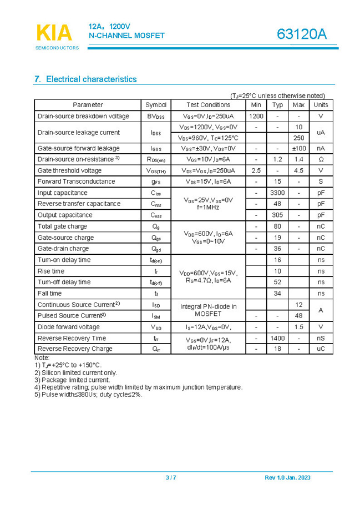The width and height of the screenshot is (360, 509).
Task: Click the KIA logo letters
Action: [54, 33]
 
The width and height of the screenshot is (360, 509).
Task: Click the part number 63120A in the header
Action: [302, 34]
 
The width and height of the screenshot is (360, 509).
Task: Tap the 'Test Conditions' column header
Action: [208, 105]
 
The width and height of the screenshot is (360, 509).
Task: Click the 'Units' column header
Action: [321, 105]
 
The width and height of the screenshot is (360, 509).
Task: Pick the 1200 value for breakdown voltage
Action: [256, 116]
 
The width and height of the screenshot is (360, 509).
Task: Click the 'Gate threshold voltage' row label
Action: [70, 170]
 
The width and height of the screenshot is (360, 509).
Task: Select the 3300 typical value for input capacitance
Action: [277, 193]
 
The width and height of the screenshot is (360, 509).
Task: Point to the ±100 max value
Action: [298, 148]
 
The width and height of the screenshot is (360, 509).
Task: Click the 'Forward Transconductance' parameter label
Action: [77, 182]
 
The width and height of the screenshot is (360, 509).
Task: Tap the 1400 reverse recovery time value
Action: [277, 338]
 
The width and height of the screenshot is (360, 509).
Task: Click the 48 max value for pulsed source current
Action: [298, 316]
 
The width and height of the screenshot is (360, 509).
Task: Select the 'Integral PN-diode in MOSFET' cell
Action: [208, 310]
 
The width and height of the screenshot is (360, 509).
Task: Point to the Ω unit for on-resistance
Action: [321, 159]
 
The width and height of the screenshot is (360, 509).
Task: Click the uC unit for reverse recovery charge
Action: [321, 349]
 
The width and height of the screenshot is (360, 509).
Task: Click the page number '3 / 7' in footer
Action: [171, 478]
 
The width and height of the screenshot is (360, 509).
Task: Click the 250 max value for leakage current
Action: [298, 138]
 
